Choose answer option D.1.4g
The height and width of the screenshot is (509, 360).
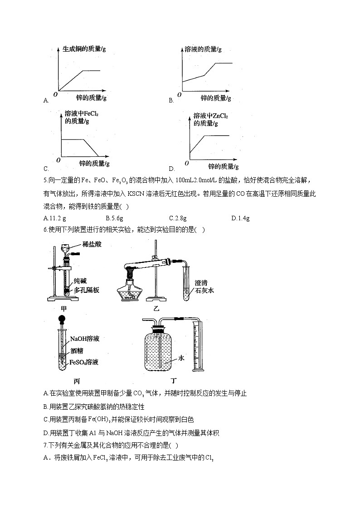tap(240, 218)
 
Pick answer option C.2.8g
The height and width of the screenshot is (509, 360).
tap(177, 218)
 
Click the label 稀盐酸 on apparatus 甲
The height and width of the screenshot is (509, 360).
tap(92, 244)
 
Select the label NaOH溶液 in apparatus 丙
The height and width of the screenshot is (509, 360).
tap(85, 339)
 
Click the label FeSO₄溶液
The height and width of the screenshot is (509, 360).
tap(84, 362)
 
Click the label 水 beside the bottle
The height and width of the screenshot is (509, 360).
tap(180, 358)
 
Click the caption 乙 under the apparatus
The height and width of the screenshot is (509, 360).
tap(157, 309)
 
